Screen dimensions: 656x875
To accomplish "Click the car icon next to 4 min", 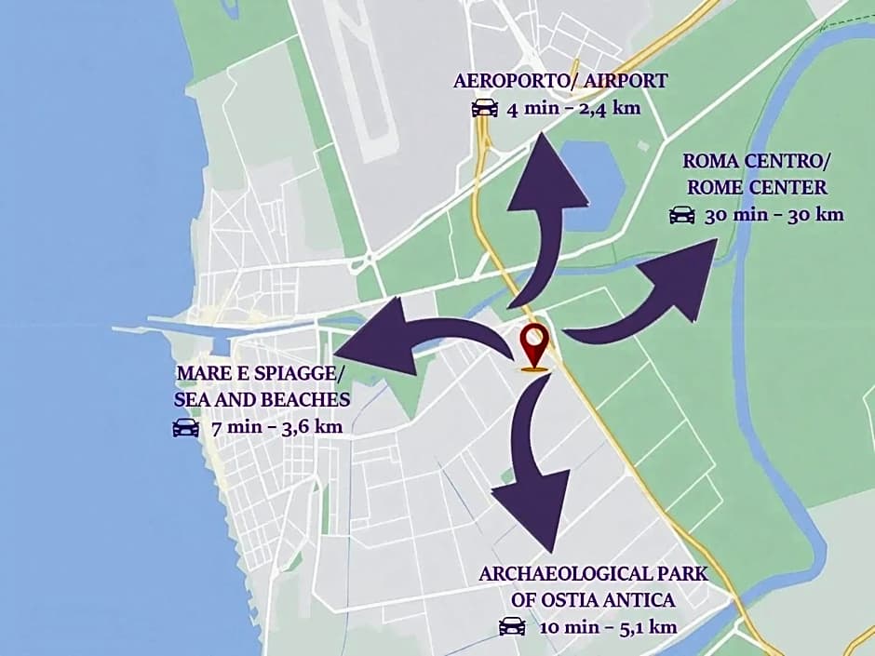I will coord(485,108).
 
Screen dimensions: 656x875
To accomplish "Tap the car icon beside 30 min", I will coord(682,215).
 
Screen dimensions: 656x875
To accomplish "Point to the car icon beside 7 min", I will coord(186,428).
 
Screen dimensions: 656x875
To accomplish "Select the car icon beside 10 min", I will coord(512,626).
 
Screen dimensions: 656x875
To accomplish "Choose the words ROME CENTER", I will coord(757,187).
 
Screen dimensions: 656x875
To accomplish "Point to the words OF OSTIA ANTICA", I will coord(593,599).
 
